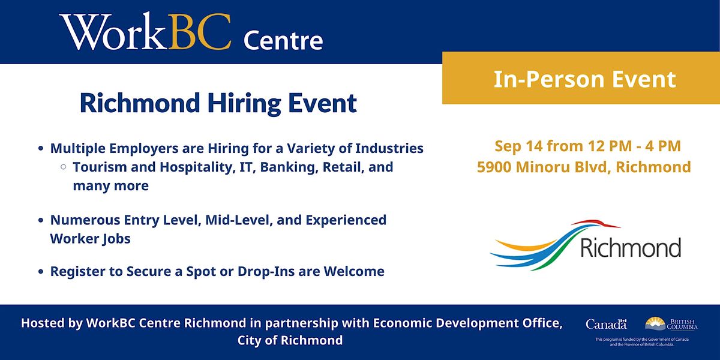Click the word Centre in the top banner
coord(283,41)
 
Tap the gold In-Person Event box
coord(581,79)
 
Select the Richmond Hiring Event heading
coord(218,103)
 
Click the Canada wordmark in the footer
coord(606,324)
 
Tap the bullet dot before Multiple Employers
coord(40,148)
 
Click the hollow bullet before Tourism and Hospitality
coord(63,167)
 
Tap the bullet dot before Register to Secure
coord(40,272)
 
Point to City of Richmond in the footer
coord(290,340)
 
